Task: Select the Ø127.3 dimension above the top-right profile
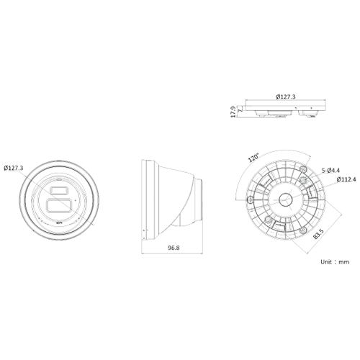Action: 287,96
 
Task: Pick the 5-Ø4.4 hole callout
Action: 331,170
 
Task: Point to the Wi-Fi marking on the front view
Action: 58,225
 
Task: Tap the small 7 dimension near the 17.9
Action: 240,108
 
